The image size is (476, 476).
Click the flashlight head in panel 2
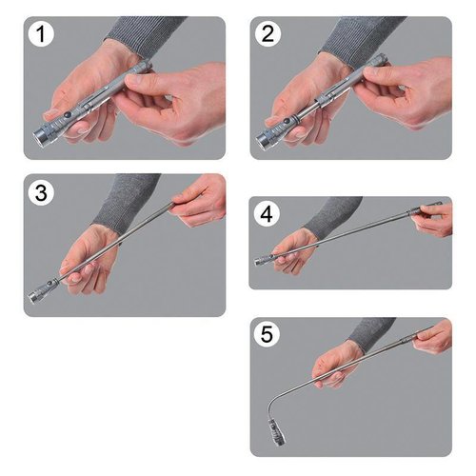[x=269, y=140]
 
